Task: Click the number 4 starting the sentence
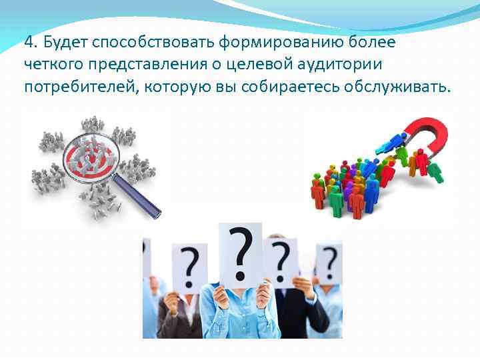pyautogui.click(x=28, y=43)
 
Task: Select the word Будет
pyautogui.click(x=65, y=43)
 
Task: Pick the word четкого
pyautogui.click(x=52, y=65)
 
